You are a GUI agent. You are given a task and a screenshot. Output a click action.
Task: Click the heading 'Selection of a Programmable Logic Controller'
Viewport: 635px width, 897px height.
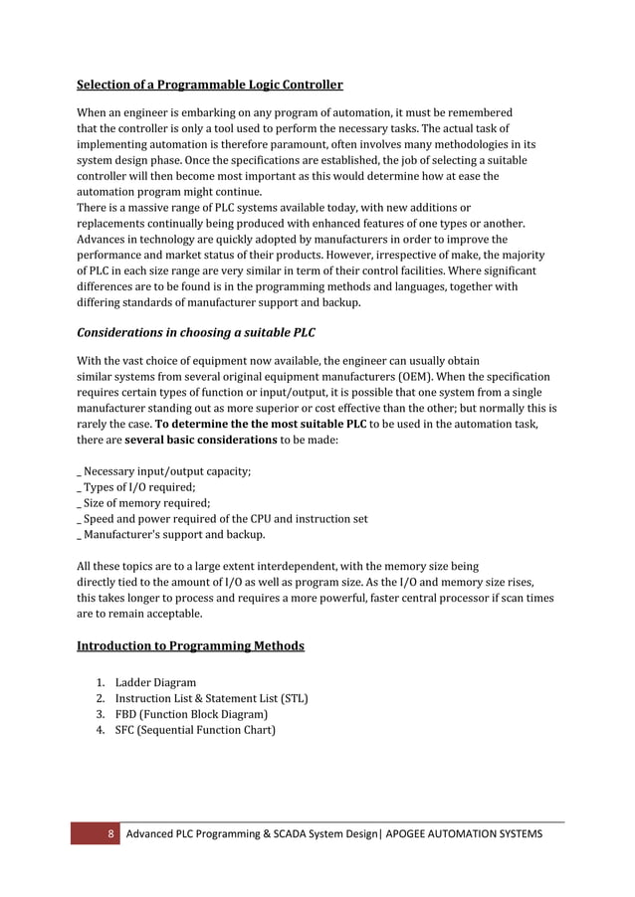209,85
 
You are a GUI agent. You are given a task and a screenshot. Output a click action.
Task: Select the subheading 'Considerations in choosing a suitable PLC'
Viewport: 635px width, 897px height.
204,332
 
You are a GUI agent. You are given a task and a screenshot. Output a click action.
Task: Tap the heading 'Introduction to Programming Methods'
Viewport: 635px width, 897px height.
190,646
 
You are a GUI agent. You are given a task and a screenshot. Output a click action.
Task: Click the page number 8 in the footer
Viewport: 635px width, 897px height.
111,833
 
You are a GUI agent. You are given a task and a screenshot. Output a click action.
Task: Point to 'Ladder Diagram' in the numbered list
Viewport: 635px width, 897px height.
155,682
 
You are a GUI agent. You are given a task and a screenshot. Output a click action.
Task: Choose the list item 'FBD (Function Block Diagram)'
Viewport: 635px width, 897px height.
191,714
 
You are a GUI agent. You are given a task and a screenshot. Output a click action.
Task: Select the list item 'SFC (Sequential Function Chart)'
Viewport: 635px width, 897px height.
195,730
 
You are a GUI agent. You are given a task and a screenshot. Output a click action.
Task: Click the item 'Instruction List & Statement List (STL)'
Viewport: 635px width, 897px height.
211,698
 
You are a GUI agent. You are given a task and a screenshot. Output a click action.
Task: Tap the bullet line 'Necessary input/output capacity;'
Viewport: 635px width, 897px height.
166,471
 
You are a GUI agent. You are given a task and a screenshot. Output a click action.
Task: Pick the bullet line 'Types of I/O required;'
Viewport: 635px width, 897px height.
139,487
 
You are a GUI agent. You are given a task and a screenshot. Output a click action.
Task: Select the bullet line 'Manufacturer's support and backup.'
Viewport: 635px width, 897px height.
174,535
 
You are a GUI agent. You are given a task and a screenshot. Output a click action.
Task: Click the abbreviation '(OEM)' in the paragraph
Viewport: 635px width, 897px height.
418,377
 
